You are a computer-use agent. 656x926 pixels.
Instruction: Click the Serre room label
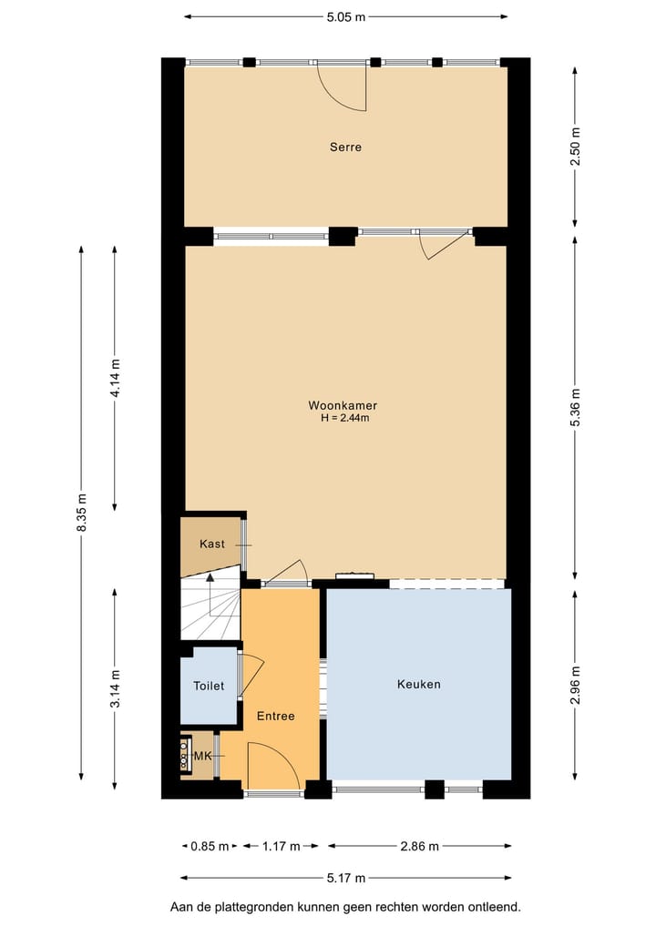click(x=345, y=147)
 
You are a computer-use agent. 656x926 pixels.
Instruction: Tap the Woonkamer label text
click(x=343, y=405)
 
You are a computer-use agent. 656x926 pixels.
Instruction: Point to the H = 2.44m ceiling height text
click(x=344, y=418)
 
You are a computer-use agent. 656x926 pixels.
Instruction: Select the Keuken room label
click(x=418, y=684)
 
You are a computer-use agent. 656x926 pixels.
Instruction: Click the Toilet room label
click(x=208, y=687)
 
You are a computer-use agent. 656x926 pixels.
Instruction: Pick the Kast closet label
click(x=211, y=544)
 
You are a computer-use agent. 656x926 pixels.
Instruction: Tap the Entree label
click(x=275, y=716)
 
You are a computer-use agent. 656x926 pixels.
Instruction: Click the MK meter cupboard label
click(x=202, y=756)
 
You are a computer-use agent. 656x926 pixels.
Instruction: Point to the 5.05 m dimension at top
click(x=345, y=16)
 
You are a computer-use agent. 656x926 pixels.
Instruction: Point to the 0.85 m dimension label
click(x=209, y=847)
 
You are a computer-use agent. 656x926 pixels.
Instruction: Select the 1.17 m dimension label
click(x=282, y=847)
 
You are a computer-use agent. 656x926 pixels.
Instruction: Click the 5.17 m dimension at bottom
click(x=345, y=879)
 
